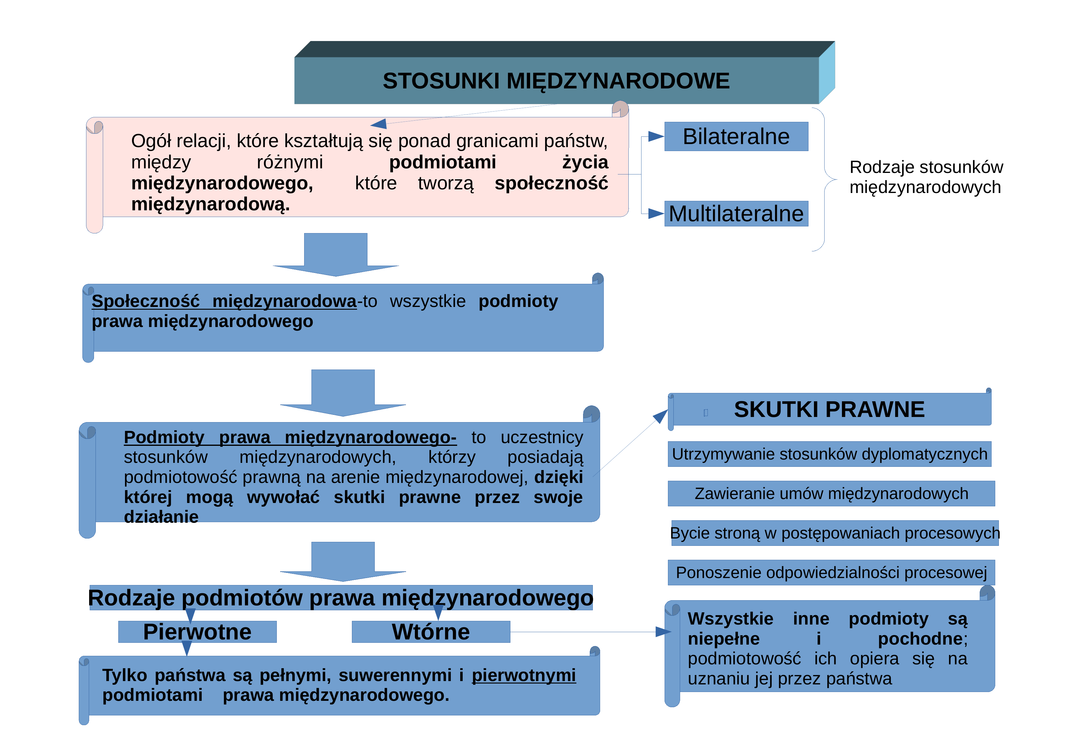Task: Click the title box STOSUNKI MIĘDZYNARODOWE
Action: pyautogui.click(x=556, y=80)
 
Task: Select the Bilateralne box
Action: pyautogui.click(x=736, y=136)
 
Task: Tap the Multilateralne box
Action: pyautogui.click(x=736, y=214)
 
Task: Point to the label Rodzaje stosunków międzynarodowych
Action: pyautogui.click(x=926, y=177)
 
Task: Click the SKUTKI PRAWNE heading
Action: pyautogui.click(x=829, y=409)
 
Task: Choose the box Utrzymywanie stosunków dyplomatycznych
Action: pyautogui.click(x=829, y=454)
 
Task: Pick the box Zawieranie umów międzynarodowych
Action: pyautogui.click(x=831, y=493)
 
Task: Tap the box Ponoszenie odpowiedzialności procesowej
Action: pyautogui.click(x=831, y=573)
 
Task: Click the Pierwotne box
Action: pyautogui.click(x=197, y=632)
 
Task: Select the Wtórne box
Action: pyautogui.click(x=431, y=632)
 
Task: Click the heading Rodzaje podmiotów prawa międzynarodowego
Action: pyautogui.click(x=341, y=597)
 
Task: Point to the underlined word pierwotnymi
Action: pyautogui.click(x=524, y=675)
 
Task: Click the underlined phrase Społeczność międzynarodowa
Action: pyautogui.click(x=224, y=301)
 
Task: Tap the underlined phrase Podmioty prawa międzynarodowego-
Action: pyautogui.click(x=290, y=437)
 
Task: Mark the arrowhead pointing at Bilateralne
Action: pyautogui.click(x=656, y=136)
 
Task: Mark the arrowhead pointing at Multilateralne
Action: pyautogui.click(x=656, y=214)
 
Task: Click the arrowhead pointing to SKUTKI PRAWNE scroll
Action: pyautogui.click(x=661, y=416)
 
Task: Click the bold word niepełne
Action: pyautogui.click(x=724, y=639)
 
